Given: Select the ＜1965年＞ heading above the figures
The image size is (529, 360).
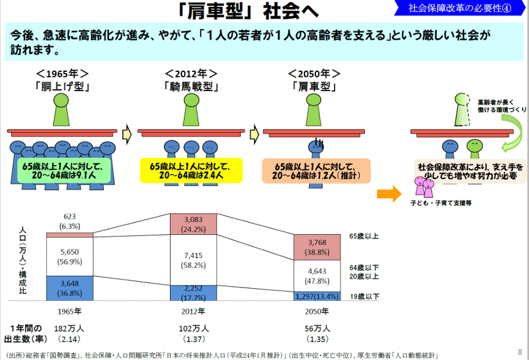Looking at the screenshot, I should coord(62,73).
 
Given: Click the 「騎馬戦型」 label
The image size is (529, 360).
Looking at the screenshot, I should coord(190,86).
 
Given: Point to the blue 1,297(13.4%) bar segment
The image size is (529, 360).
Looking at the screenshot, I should coord(317,296).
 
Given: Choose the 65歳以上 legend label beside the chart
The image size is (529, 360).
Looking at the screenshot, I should coord(364,236).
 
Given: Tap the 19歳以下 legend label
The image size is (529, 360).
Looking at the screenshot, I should coord(364,296).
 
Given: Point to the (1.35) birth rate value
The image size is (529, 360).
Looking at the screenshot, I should coord(317,338).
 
